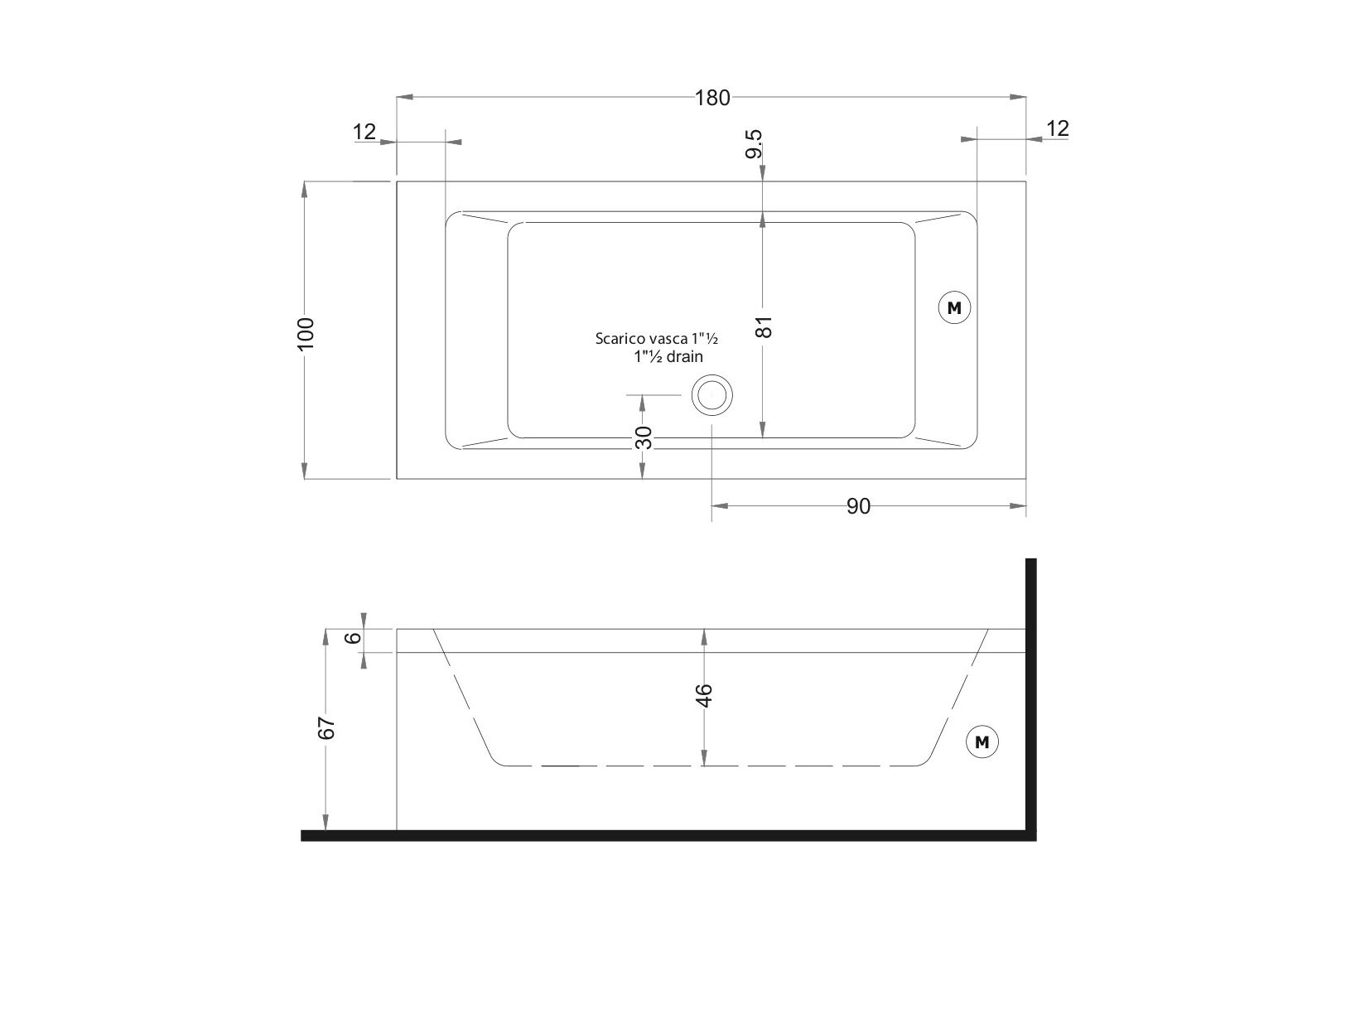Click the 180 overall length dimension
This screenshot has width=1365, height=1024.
click(x=712, y=98)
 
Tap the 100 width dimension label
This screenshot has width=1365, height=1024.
click(x=306, y=334)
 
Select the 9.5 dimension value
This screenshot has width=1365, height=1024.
click(x=754, y=144)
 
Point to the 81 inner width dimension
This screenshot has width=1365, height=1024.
click(x=764, y=326)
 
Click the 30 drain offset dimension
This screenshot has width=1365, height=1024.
click(x=644, y=437)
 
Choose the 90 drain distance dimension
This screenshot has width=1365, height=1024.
click(x=858, y=507)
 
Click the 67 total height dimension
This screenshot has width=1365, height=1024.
click(x=326, y=728)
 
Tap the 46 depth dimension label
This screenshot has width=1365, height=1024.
click(x=704, y=696)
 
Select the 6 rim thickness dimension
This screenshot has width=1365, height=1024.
click(x=353, y=638)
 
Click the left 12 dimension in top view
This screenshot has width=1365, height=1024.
click(x=364, y=132)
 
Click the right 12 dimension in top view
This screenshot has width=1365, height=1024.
click(x=1058, y=128)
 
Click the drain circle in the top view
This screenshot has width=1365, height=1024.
click(x=712, y=395)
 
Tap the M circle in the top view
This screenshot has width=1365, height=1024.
click(x=954, y=307)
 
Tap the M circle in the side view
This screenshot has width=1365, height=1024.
click(x=982, y=741)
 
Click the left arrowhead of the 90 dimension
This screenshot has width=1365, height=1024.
click(x=720, y=506)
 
